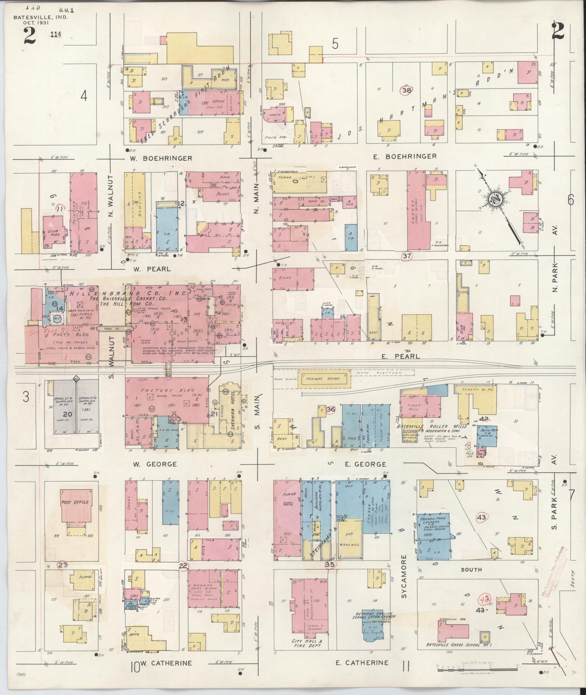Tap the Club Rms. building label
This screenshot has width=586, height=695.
click(x=53, y=232)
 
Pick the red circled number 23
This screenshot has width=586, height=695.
click(x=62, y=564)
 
